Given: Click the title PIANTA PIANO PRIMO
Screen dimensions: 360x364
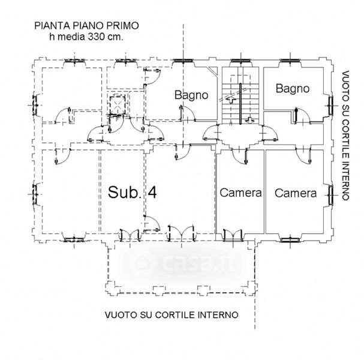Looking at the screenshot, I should click(86, 26).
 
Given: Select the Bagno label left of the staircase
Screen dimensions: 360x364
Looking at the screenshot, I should click(191, 95).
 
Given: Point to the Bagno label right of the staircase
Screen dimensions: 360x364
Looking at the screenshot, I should click(292, 89).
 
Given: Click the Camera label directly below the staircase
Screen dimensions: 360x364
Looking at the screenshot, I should click(240, 193).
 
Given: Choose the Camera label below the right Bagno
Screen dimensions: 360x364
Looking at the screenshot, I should click(296, 193).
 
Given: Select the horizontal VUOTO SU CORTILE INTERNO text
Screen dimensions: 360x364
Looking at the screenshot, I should click(171, 314).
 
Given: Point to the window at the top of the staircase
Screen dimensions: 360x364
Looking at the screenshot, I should click(240, 61).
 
